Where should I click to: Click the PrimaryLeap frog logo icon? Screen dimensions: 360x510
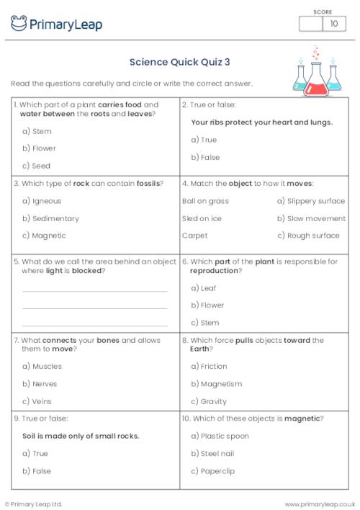pos(19,24)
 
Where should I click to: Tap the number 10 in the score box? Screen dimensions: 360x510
pos(333,24)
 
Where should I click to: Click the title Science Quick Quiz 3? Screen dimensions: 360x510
pos(179,62)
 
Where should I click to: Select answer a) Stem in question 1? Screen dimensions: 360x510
pos(37,131)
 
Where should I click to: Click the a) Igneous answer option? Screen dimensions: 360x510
pos(42,201)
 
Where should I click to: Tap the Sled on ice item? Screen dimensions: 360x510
pos(202,218)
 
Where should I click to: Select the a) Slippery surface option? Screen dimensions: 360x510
pos(311,201)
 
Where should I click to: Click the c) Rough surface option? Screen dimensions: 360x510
pos(308,236)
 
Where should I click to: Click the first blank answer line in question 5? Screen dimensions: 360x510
pos(95,291)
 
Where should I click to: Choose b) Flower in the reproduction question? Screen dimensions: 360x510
pos(207,305)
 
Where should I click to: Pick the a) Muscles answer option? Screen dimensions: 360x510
pos(42,366)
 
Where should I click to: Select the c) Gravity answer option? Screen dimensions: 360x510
pos(209,401)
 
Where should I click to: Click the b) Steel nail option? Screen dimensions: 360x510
pos(213,454)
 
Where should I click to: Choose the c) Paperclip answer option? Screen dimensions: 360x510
pos(213,471)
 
